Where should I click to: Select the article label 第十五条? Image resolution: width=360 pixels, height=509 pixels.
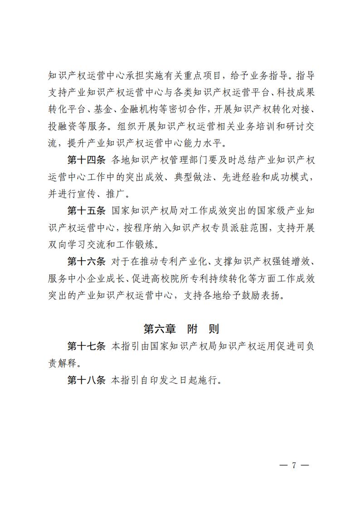pos(86,211)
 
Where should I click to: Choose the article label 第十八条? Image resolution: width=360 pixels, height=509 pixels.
pos(86,379)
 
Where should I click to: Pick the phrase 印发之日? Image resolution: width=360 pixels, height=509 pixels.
pos(169,379)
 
